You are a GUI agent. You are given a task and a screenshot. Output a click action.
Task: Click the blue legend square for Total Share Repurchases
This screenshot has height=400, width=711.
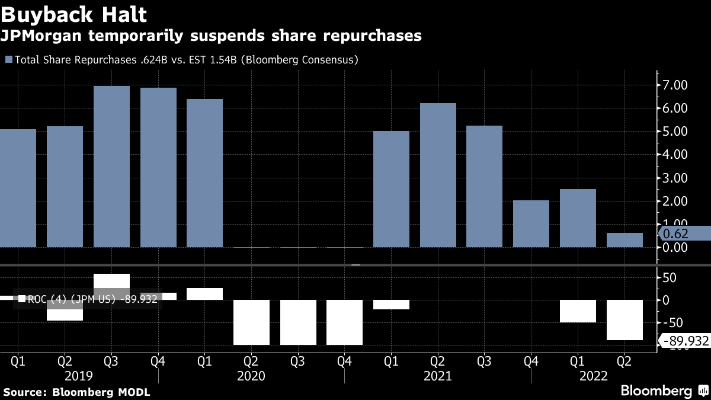pos(8,60)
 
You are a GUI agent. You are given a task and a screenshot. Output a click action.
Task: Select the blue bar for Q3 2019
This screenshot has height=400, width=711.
pos(111,166)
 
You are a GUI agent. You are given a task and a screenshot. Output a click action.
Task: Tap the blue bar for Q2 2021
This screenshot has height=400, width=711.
pos(438,175)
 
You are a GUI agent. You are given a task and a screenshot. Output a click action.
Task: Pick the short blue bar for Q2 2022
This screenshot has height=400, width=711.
pos(624,240)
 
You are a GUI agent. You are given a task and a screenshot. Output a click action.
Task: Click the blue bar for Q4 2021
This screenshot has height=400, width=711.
pos(531,223)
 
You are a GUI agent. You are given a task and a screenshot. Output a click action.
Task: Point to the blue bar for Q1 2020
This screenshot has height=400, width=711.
pos(204,172)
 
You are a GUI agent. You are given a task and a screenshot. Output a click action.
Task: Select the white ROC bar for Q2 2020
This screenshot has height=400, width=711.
pos(251,322)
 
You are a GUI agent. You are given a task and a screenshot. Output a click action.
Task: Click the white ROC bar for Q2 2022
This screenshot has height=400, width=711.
pos(624,320)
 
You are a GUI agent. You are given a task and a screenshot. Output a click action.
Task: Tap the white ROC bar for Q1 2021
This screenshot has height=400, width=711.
pos(391,305)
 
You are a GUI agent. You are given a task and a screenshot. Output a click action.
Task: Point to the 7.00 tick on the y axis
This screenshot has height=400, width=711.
pos(675,85)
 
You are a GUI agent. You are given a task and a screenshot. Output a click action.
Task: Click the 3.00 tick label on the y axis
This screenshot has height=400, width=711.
pos(675,178)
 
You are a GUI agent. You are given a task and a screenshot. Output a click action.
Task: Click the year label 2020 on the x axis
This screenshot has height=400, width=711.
pos(251,376)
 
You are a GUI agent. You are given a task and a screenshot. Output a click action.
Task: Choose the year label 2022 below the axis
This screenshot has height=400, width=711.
pos(593,376)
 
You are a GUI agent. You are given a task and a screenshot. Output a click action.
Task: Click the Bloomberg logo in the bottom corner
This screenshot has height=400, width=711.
pos(656,391)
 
